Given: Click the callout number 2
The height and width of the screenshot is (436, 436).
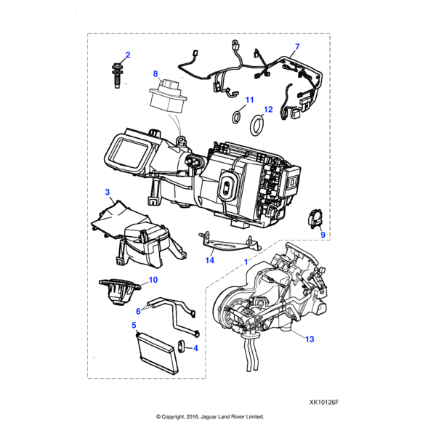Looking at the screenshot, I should click(128, 55).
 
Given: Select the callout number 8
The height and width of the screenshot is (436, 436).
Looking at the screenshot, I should click(155, 73).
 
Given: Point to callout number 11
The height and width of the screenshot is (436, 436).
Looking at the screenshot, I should click(249, 100).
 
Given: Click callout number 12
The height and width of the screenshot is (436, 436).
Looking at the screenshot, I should click(268, 110).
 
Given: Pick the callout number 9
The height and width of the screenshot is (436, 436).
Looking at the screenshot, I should click(323, 234).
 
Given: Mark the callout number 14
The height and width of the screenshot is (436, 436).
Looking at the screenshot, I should click(210, 259).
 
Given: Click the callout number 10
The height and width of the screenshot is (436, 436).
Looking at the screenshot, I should click(153, 280).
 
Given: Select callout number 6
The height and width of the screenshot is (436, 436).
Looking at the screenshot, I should click(138, 310).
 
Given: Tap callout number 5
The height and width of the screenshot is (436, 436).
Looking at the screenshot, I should click(134, 325).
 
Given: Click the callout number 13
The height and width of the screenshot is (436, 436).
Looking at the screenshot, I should click(309, 339).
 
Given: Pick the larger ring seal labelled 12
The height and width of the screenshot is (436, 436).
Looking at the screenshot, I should click(256, 125).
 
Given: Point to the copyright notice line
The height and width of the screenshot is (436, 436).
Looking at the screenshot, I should click(210, 417).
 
